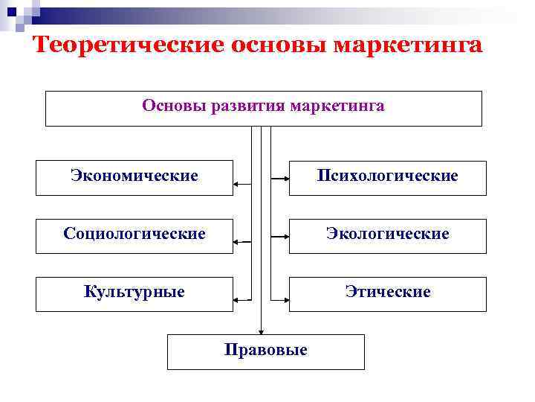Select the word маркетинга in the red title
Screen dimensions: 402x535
coord(409,45)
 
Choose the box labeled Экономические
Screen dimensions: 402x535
coord(134,177)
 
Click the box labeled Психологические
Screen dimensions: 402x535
coord(387,177)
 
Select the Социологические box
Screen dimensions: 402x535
coord(134,234)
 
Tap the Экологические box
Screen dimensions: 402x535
coord(387,234)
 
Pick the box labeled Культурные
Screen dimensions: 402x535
coord(134,293)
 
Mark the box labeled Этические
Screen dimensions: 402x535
coord(387,293)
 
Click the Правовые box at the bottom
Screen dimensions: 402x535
coord(265,351)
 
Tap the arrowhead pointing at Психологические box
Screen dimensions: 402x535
coord(285,179)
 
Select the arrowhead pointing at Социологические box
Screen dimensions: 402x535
coord(236,241)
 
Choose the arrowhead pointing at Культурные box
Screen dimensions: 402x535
coord(236,299)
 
